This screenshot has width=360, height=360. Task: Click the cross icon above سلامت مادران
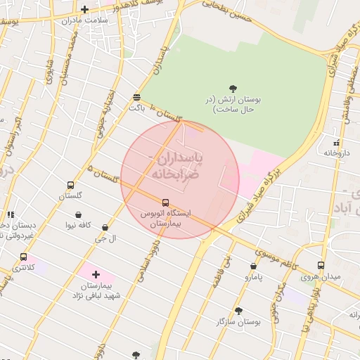[85, 10]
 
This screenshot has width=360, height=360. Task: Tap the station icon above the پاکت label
[136, 98]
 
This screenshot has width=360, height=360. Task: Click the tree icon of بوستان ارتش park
[233, 89]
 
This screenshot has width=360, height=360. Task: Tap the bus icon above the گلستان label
[70, 185]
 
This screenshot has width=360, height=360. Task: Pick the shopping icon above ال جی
[105, 228]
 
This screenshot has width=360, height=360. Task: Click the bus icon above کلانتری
[24, 257]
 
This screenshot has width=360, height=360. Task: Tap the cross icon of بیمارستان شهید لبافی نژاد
[96, 274]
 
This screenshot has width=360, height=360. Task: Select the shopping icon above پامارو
[253, 266]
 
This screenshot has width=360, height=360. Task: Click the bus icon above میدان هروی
[321, 266]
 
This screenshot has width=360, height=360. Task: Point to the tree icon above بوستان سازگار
[238, 310]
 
